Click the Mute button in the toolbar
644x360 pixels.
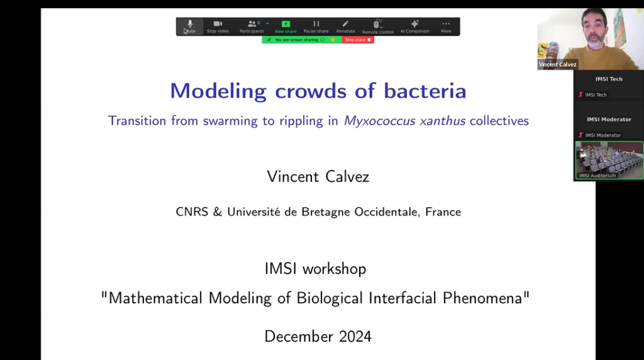click(x=189, y=26)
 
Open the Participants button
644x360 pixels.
click(x=252, y=26)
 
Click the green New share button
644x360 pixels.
click(x=286, y=26)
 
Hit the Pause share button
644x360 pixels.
click(x=316, y=26)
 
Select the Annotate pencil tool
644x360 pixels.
click(x=345, y=26)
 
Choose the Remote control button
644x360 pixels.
click(x=377, y=26)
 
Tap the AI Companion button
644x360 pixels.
click(x=414, y=26)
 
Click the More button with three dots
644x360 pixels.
click(x=446, y=26)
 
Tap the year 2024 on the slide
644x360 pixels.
click(x=353, y=337)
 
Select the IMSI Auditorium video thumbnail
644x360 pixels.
click(x=609, y=160)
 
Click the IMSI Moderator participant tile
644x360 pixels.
click(x=609, y=126)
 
